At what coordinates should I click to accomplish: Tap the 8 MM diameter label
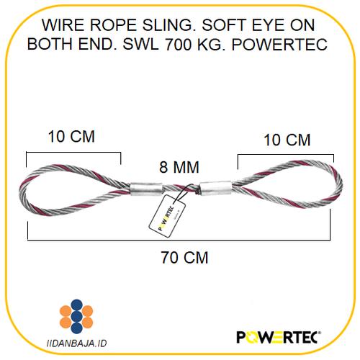pyautogui.click(x=179, y=168)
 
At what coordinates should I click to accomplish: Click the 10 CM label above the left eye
pyautogui.click(x=71, y=136)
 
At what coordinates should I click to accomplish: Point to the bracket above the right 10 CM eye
pyautogui.click(x=286, y=156)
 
